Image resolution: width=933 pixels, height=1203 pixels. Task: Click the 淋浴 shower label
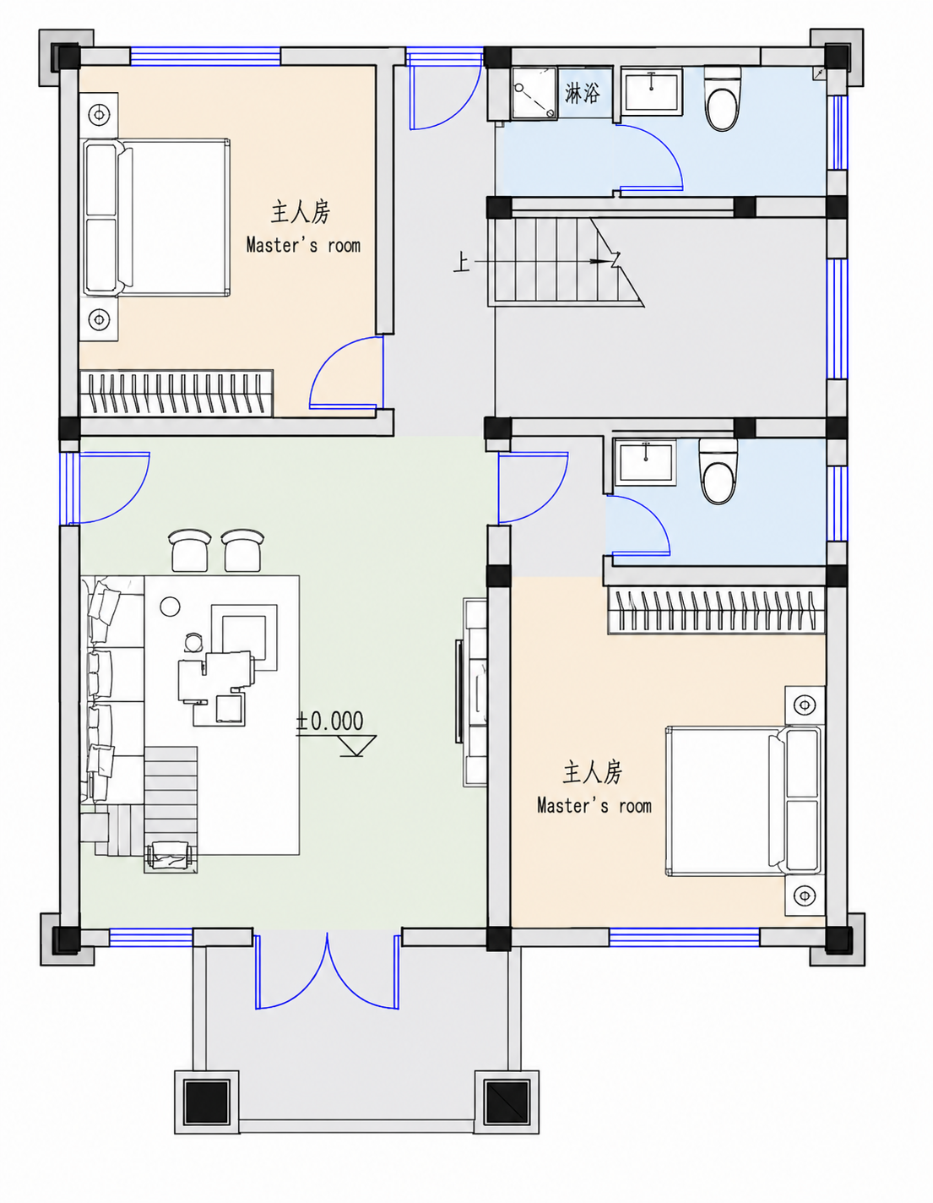[x=582, y=92]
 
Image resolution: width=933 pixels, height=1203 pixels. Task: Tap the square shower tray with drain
[x=534, y=93]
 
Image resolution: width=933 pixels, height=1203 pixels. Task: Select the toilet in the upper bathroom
[x=722, y=99]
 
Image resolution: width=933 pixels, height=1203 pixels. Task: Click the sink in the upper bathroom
[x=652, y=90]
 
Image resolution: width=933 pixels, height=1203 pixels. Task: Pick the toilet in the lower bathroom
[x=719, y=471]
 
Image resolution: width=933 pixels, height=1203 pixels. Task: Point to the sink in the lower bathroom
[x=645, y=463]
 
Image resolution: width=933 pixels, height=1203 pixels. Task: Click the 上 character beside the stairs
[x=461, y=262]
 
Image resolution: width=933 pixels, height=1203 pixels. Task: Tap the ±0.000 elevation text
[x=329, y=721]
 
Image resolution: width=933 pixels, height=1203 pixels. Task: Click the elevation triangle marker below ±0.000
[x=353, y=745]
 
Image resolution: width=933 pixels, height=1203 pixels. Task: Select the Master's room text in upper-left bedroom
[x=303, y=245]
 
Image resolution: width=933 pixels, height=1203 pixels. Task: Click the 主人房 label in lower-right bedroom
[x=593, y=772]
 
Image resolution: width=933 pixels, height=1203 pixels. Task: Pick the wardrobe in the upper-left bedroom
[x=176, y=393]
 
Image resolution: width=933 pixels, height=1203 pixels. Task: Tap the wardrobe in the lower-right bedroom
[x=717, y=610]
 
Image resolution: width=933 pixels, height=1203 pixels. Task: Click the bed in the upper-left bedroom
[x=156, y=217]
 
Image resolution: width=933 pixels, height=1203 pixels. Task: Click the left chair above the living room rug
[x=190, y=550]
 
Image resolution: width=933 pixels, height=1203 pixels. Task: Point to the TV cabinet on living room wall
[x=475, y=692]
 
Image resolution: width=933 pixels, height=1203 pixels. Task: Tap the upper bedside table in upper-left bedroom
[x=99, y=115]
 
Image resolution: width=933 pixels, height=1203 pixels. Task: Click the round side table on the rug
[x=170, y=607]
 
